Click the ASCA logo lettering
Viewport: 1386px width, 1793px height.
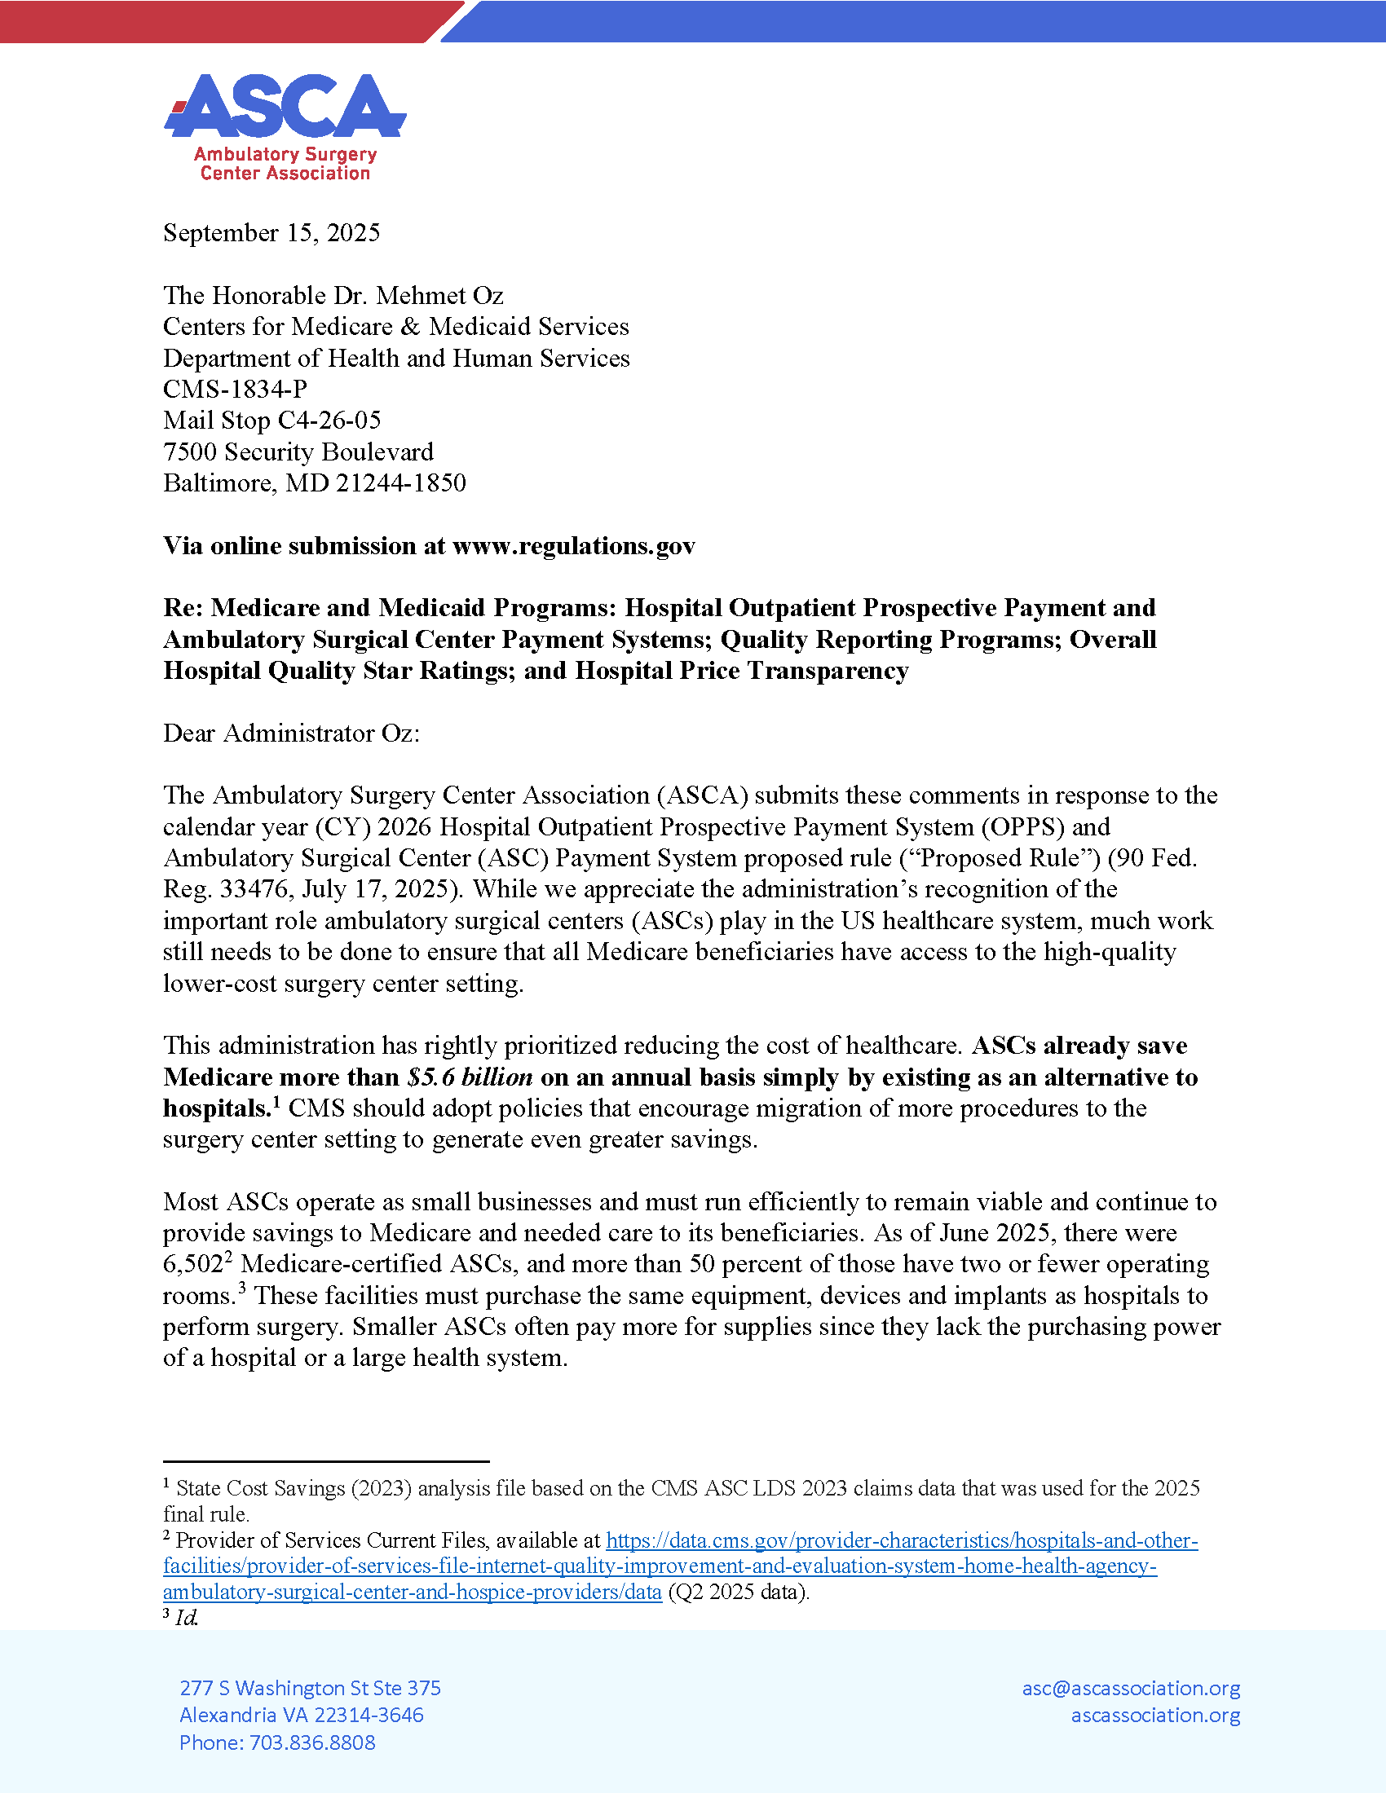coord(285,107)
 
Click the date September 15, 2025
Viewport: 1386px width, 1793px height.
coord(271,233)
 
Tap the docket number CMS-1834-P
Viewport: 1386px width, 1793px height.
coord(235,389)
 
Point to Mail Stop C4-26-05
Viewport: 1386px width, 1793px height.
coord(271,421)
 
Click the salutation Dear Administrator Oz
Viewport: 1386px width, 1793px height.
coord(291,733)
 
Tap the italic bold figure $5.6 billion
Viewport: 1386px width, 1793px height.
coord(470,1077)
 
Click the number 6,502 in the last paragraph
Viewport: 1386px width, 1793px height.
coord(192,1264)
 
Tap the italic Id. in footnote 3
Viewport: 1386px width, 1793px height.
coord(186,1618)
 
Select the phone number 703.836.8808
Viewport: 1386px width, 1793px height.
coord(312,1743)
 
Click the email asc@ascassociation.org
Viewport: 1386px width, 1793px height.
coord(1131,1688)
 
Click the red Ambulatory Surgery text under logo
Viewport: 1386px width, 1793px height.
coord(285,154)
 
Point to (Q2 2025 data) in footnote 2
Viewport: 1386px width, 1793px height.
coord(738,1593)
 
